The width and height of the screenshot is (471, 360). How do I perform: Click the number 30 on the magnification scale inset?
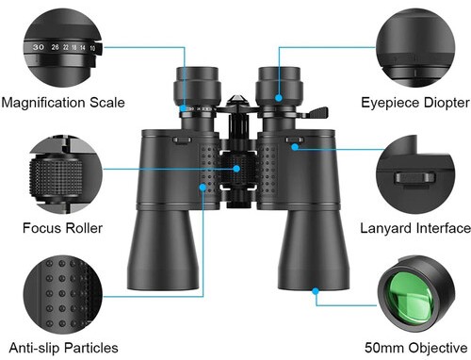(39, 47)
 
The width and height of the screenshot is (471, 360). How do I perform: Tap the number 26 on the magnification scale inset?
(55, 47)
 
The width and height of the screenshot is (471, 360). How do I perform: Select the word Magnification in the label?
(43, 103)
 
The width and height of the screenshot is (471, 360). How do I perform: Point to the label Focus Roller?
(62, 228)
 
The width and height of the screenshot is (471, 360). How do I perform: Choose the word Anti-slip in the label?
(34, 348)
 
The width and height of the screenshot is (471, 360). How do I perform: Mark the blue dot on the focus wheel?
(236, 169)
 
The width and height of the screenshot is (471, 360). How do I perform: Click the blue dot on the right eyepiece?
(279, 98)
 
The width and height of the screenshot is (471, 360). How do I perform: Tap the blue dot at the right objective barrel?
(316, 291)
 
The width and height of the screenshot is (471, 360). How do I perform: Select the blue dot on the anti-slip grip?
(203, 188)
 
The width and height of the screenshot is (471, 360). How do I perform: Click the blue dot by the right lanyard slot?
(295, 147)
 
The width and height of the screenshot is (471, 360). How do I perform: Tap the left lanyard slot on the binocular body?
(182, 140)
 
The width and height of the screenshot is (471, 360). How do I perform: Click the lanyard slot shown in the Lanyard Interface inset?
(414, 178)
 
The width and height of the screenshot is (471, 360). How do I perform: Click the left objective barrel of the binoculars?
(163, 250)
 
